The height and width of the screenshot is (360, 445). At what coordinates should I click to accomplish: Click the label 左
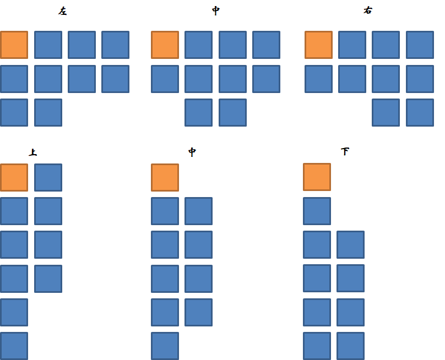[62, 11]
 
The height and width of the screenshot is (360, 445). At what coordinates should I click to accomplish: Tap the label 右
[368, 10]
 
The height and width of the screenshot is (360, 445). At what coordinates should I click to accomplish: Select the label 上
[33, 152]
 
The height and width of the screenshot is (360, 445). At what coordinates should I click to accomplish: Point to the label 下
[345, 151]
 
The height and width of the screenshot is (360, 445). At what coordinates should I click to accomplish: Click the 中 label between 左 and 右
[216, 11]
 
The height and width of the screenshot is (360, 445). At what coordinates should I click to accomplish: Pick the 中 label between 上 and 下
[192, 152]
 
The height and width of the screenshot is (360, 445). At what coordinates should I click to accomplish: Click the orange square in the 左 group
[14, 45]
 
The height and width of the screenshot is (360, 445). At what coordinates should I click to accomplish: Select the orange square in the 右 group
[318, 45]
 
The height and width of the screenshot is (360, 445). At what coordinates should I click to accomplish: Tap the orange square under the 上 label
[14, 177]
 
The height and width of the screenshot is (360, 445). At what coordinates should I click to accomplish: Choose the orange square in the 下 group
[317, 177]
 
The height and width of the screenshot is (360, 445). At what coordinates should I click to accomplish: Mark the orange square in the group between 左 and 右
[165, 45]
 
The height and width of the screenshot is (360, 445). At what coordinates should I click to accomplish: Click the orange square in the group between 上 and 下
[165, 177]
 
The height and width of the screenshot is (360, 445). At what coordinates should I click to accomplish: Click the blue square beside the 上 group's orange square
[48, 177]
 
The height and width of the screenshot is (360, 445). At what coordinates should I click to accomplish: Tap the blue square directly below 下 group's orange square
[317, 211]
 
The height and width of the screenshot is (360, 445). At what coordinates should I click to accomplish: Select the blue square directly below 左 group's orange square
[14, 79]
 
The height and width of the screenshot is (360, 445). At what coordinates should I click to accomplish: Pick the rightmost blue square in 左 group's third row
[48, 112]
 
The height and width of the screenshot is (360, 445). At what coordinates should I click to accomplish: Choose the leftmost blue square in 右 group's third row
[386, 112]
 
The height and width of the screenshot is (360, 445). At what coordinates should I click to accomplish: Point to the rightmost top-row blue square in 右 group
[420, 45]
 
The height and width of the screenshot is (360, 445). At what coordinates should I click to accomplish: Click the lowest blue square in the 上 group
[14, 346]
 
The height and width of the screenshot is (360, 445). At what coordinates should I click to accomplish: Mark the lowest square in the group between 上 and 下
[165, 346]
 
